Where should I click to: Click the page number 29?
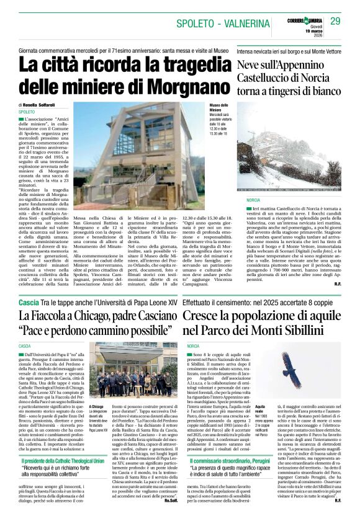[336, 21]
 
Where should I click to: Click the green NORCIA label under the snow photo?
[253, 201]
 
